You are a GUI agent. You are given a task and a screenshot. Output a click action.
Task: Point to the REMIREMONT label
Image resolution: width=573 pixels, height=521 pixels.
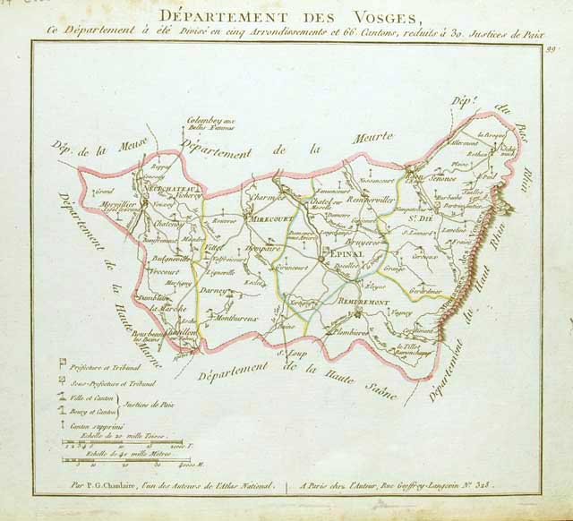(x=352, y=303)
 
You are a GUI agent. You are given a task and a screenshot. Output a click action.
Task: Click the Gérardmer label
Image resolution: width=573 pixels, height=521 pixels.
(x=424, y=291)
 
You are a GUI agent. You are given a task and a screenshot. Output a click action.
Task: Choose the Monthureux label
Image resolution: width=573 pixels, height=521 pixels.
(x=236, y=317)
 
